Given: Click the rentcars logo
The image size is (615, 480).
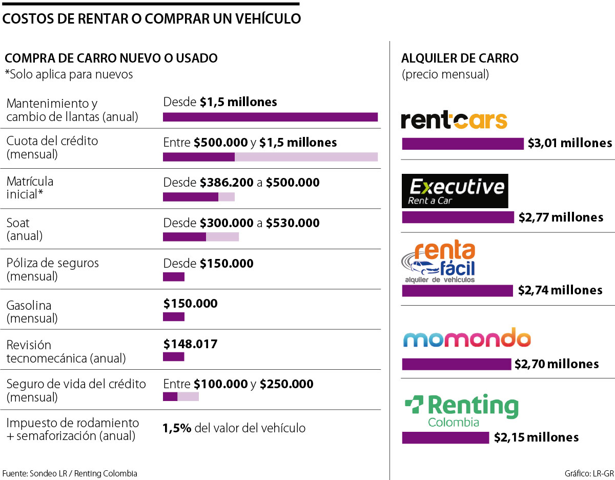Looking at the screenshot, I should click(454, 121).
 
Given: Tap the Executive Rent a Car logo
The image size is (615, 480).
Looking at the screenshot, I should click(455, 191).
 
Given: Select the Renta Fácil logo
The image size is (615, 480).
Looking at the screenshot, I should click(439, 263).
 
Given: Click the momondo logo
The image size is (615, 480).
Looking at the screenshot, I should click(466, 339).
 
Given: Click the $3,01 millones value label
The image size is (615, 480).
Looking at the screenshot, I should click(570, 143).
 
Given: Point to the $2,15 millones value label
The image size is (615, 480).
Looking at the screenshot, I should click(536, 437).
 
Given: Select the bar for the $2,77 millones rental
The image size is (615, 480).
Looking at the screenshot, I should click(458, 217).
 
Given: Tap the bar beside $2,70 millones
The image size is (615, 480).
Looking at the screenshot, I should click(457, 364).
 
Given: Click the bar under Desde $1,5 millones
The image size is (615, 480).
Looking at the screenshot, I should click(270, 117).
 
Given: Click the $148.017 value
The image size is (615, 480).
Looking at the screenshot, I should click(190, 344).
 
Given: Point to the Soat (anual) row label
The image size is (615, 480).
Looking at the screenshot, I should click(25, 229).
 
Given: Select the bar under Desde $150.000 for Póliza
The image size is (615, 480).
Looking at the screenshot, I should click(173, 277).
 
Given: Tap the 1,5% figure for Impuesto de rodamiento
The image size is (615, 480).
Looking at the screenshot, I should click(177, 428).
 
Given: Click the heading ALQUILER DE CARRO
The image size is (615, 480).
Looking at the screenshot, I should click(460, 58).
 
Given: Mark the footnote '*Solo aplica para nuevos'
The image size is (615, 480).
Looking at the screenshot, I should click(69, 74).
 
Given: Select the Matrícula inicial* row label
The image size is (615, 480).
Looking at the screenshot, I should click(30, 188).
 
